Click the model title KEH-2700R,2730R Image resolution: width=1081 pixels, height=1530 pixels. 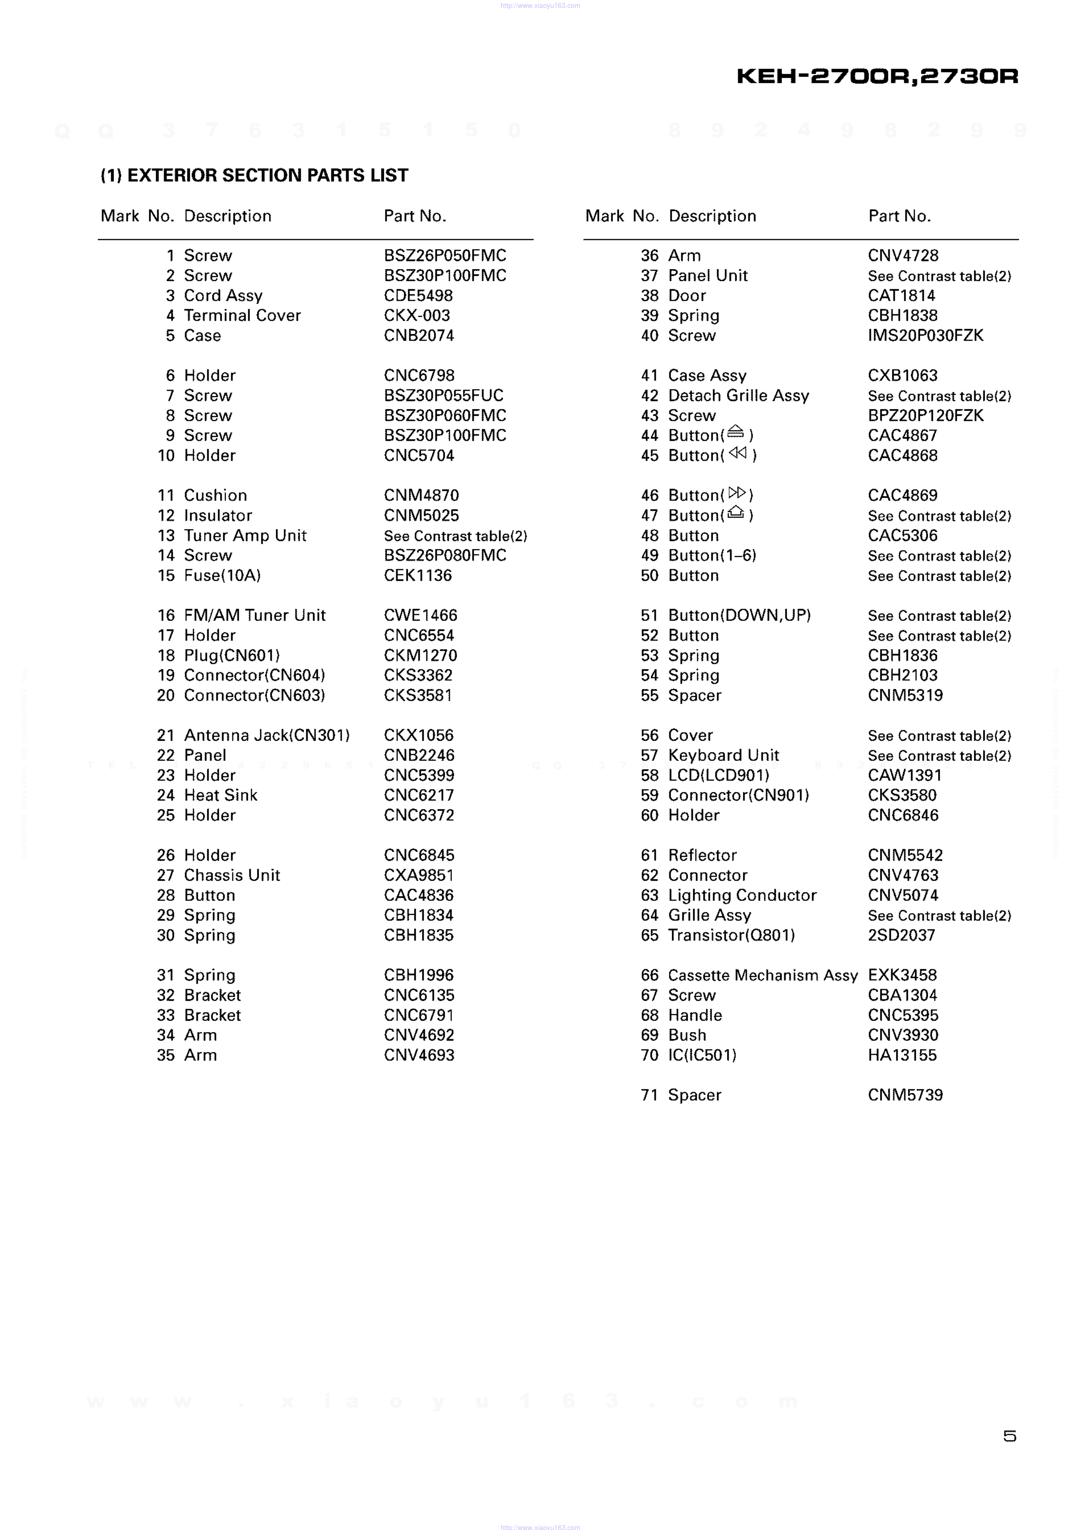(x=877, y=76)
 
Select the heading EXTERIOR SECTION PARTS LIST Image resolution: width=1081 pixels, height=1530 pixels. (x=254, y=175)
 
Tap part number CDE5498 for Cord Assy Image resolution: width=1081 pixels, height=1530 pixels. (x=418, y=295)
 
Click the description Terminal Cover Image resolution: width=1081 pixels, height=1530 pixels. (x=242, y=315)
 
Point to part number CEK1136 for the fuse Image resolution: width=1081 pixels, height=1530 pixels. (x=417, y=575)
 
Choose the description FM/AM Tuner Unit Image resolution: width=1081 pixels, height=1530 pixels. (x=255, y=615)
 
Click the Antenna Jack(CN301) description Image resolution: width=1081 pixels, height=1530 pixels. (x=267, y=735)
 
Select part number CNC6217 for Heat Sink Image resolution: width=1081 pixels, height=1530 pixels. (x=418, y=795)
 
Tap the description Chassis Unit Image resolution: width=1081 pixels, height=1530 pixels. (x=232, y=875)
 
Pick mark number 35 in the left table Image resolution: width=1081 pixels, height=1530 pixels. (x=165, y=1055)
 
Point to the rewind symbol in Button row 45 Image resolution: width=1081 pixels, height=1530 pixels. (x=738, y=453)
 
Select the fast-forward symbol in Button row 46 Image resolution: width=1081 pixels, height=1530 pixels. (x=737, y=493)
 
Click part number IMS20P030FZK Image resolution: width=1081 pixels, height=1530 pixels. (x=925, y=335)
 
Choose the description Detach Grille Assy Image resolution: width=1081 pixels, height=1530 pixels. (x=738, y=395)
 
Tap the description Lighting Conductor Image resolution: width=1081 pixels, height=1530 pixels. (x=742, y=895)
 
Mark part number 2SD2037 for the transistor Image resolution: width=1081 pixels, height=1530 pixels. (x=901, y=935)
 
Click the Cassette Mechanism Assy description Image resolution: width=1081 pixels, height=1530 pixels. (x=763, y=975)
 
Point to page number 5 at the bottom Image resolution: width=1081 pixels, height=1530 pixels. (x=1009, y=1436)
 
